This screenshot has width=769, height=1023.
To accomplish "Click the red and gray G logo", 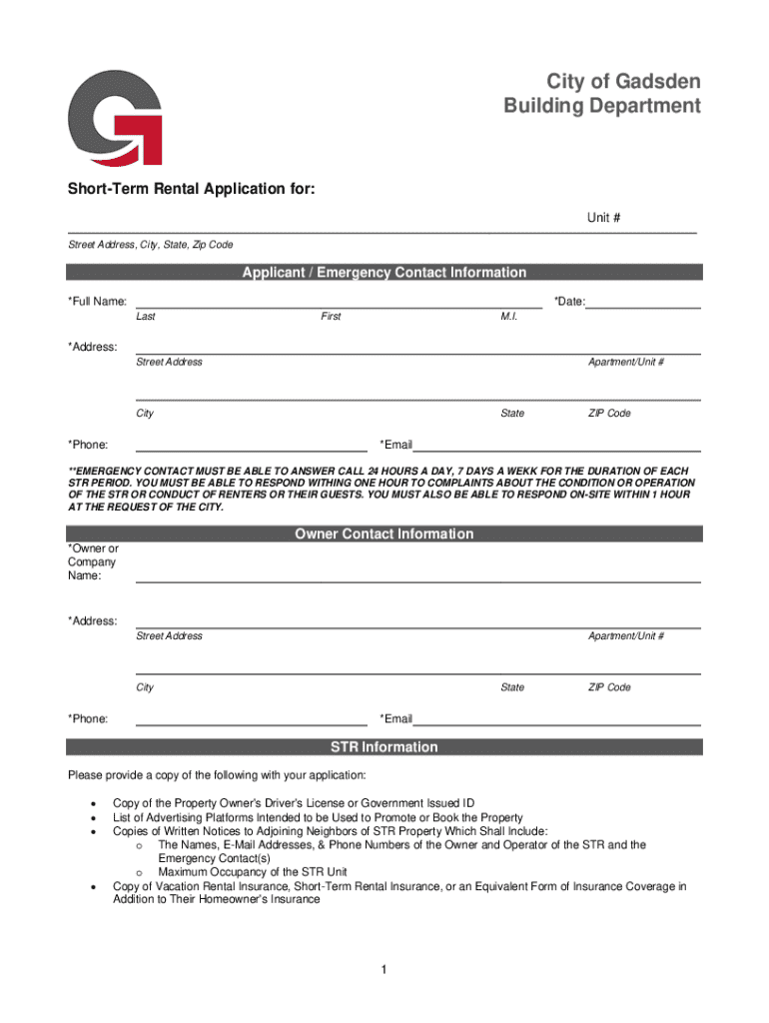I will click(x=115, y=117).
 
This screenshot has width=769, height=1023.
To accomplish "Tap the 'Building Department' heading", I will click(x=601, y=106).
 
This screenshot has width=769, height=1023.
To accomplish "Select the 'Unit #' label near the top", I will click(x=604, y=217).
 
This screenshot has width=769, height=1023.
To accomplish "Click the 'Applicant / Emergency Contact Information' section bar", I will click(x=384, y=273).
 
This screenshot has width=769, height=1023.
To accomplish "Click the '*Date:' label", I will click(x=569, y=302).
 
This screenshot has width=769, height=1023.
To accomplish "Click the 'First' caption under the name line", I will click(x=331, y=317).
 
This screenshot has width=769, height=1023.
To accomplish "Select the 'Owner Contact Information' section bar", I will click(x=384, y=534).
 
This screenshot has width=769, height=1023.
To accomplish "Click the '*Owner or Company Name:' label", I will click(x=92, y=561).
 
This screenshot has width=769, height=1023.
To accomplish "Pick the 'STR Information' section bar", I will click(x=384, y=747).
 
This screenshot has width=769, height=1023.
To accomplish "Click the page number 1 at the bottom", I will click(x=384, y=970).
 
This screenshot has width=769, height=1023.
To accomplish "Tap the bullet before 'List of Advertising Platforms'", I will click(x=93, y=817).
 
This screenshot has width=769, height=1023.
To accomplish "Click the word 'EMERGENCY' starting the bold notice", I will click(x=109, y=471).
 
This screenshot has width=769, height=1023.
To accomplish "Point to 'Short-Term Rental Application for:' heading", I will click(x=191, y=189).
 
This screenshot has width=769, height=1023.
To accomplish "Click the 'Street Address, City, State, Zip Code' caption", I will click(x=150, y=245).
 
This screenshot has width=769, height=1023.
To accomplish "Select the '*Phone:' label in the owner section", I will click(x=88, y=719).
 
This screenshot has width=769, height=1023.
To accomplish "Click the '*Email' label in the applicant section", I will click(x=396, y=445).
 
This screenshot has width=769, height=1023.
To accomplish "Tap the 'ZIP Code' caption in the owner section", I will click(x=609, y=687).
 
